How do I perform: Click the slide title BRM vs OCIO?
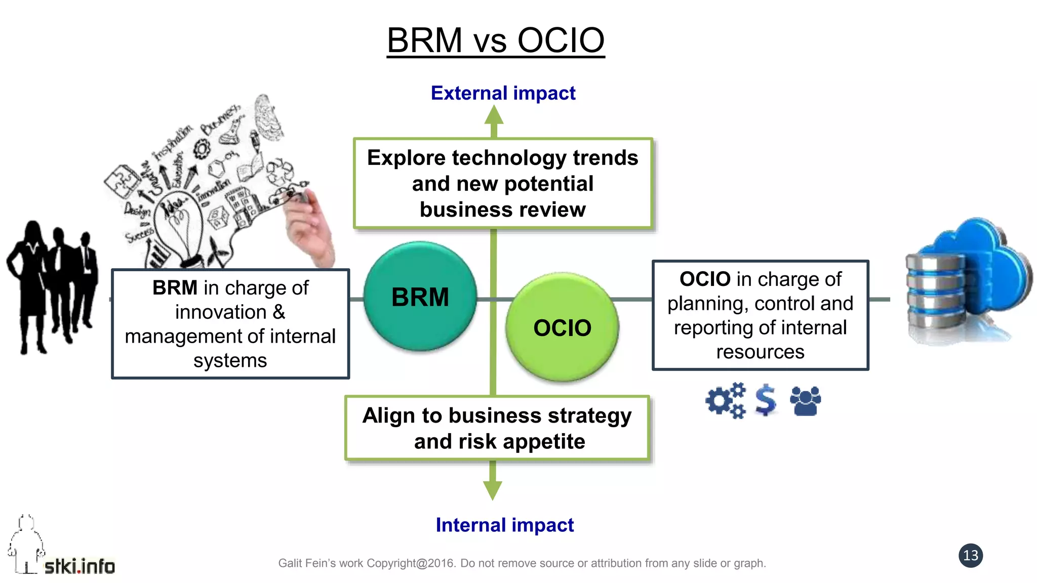point(496,40)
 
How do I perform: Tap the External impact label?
point(503,93)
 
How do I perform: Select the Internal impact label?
point(504,525)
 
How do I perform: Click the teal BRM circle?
point(420,297)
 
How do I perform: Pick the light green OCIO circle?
point(562,327)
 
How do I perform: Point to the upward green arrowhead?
point(494,115)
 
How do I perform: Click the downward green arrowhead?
point(493,489)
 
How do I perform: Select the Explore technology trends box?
point(502,183)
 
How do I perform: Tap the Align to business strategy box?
point(497,428)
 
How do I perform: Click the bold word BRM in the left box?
point(175,288)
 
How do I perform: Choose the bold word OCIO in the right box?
point(705,279)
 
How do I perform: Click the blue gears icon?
point(726,400)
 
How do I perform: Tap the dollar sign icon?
point(765,400)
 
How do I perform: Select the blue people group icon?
point(805,401)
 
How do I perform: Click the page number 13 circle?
point(970,556)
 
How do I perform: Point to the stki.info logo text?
point(79,566)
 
